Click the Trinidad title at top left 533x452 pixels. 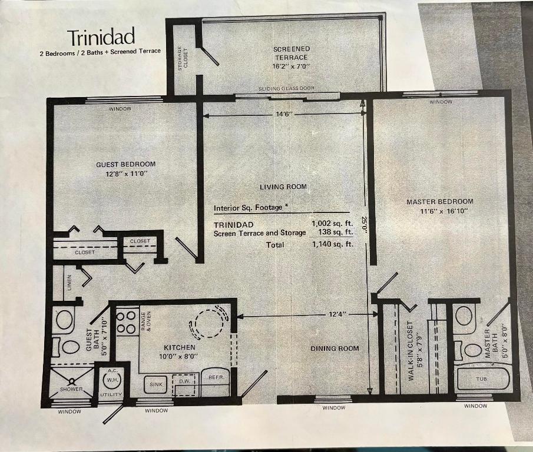click(101, 37)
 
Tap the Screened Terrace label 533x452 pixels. click(291, 53)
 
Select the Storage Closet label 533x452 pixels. click(183, 58)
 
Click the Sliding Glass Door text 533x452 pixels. click(286, 88)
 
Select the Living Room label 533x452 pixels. click(283, 187)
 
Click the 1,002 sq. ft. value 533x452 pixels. click(332, 224)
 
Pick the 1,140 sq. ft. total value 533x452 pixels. click(332, 244)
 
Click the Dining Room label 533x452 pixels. click(335, 348)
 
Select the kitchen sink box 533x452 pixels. click(155, 384)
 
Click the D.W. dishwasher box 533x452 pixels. click(183, 381)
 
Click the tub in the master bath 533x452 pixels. click(482, 379)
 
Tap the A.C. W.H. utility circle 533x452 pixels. click(111, 378)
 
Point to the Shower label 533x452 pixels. click(71, 389)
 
